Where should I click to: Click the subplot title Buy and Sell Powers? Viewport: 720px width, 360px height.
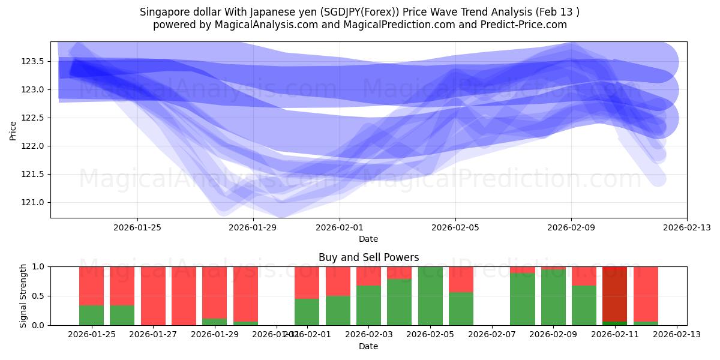(x=368, y=257)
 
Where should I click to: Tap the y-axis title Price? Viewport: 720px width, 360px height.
(x=13, y=130)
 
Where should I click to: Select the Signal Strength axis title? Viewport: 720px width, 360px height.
(x=23, y=296)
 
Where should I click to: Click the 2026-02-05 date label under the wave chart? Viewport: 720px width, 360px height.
(x=455, y=227)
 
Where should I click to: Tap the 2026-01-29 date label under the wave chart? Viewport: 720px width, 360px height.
(x=253, y=227)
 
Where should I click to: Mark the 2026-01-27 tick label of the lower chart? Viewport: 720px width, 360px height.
(x=153, y=334)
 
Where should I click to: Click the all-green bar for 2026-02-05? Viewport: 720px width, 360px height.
(x=430, y=296)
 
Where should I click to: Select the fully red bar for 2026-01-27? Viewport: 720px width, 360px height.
(x=153, y=296)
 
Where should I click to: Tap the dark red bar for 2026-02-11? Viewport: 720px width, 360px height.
(x=614, y=294)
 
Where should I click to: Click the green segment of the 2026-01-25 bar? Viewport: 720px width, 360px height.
(x=91, y=315)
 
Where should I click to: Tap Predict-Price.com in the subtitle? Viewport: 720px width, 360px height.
(x=526, y=25)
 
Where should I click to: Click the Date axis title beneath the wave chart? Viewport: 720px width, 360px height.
(x=368, y=239)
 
